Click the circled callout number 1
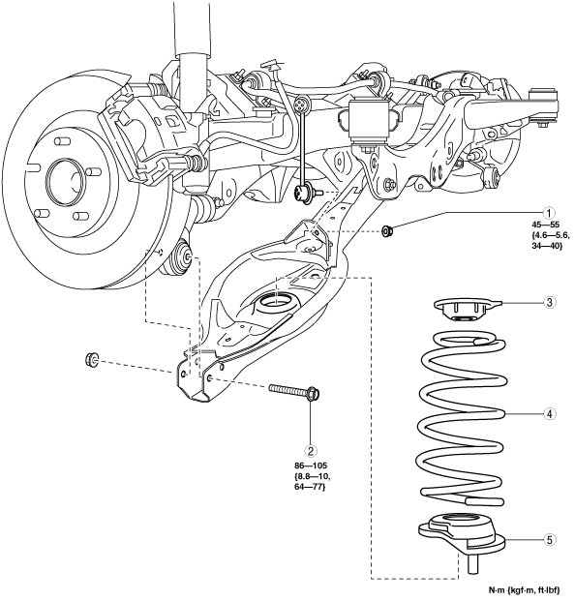coord(549,212)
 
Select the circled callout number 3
coord(549,302)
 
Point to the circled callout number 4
coord(549,414)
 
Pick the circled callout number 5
coord(549,540)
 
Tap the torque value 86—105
coord(311,466)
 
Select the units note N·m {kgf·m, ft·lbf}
coord(524,589)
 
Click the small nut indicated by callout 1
coord(386,231)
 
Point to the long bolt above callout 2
coord(295,391)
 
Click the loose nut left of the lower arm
coord(92,359)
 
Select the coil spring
coord(462,419)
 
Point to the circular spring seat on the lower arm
coord(276,302)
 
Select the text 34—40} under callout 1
coord(547,246)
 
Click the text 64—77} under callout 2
coord(311,487)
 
